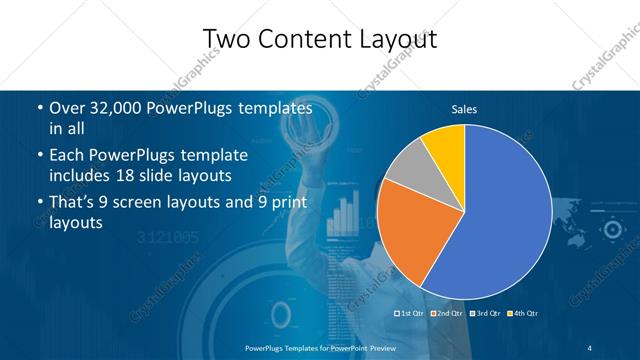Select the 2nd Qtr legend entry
click(x=448, y=314)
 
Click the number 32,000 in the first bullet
click(x=120, y=107)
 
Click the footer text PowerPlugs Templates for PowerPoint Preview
click(x=319, y=346)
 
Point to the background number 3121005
click(x=167, y=238)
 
